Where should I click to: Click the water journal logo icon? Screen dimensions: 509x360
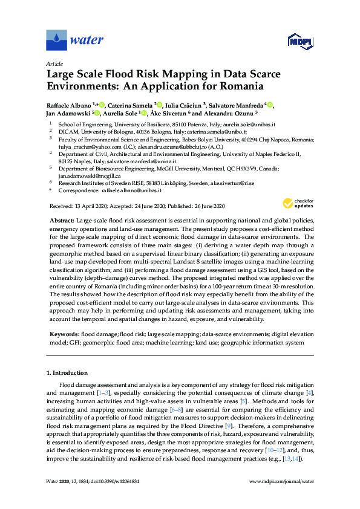[x=56, y=40]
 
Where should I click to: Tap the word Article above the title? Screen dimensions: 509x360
[x=55, y=63]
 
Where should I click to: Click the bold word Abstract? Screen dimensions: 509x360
[x=61, y=221]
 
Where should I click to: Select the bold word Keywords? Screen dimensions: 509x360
[x=64, y=334]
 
